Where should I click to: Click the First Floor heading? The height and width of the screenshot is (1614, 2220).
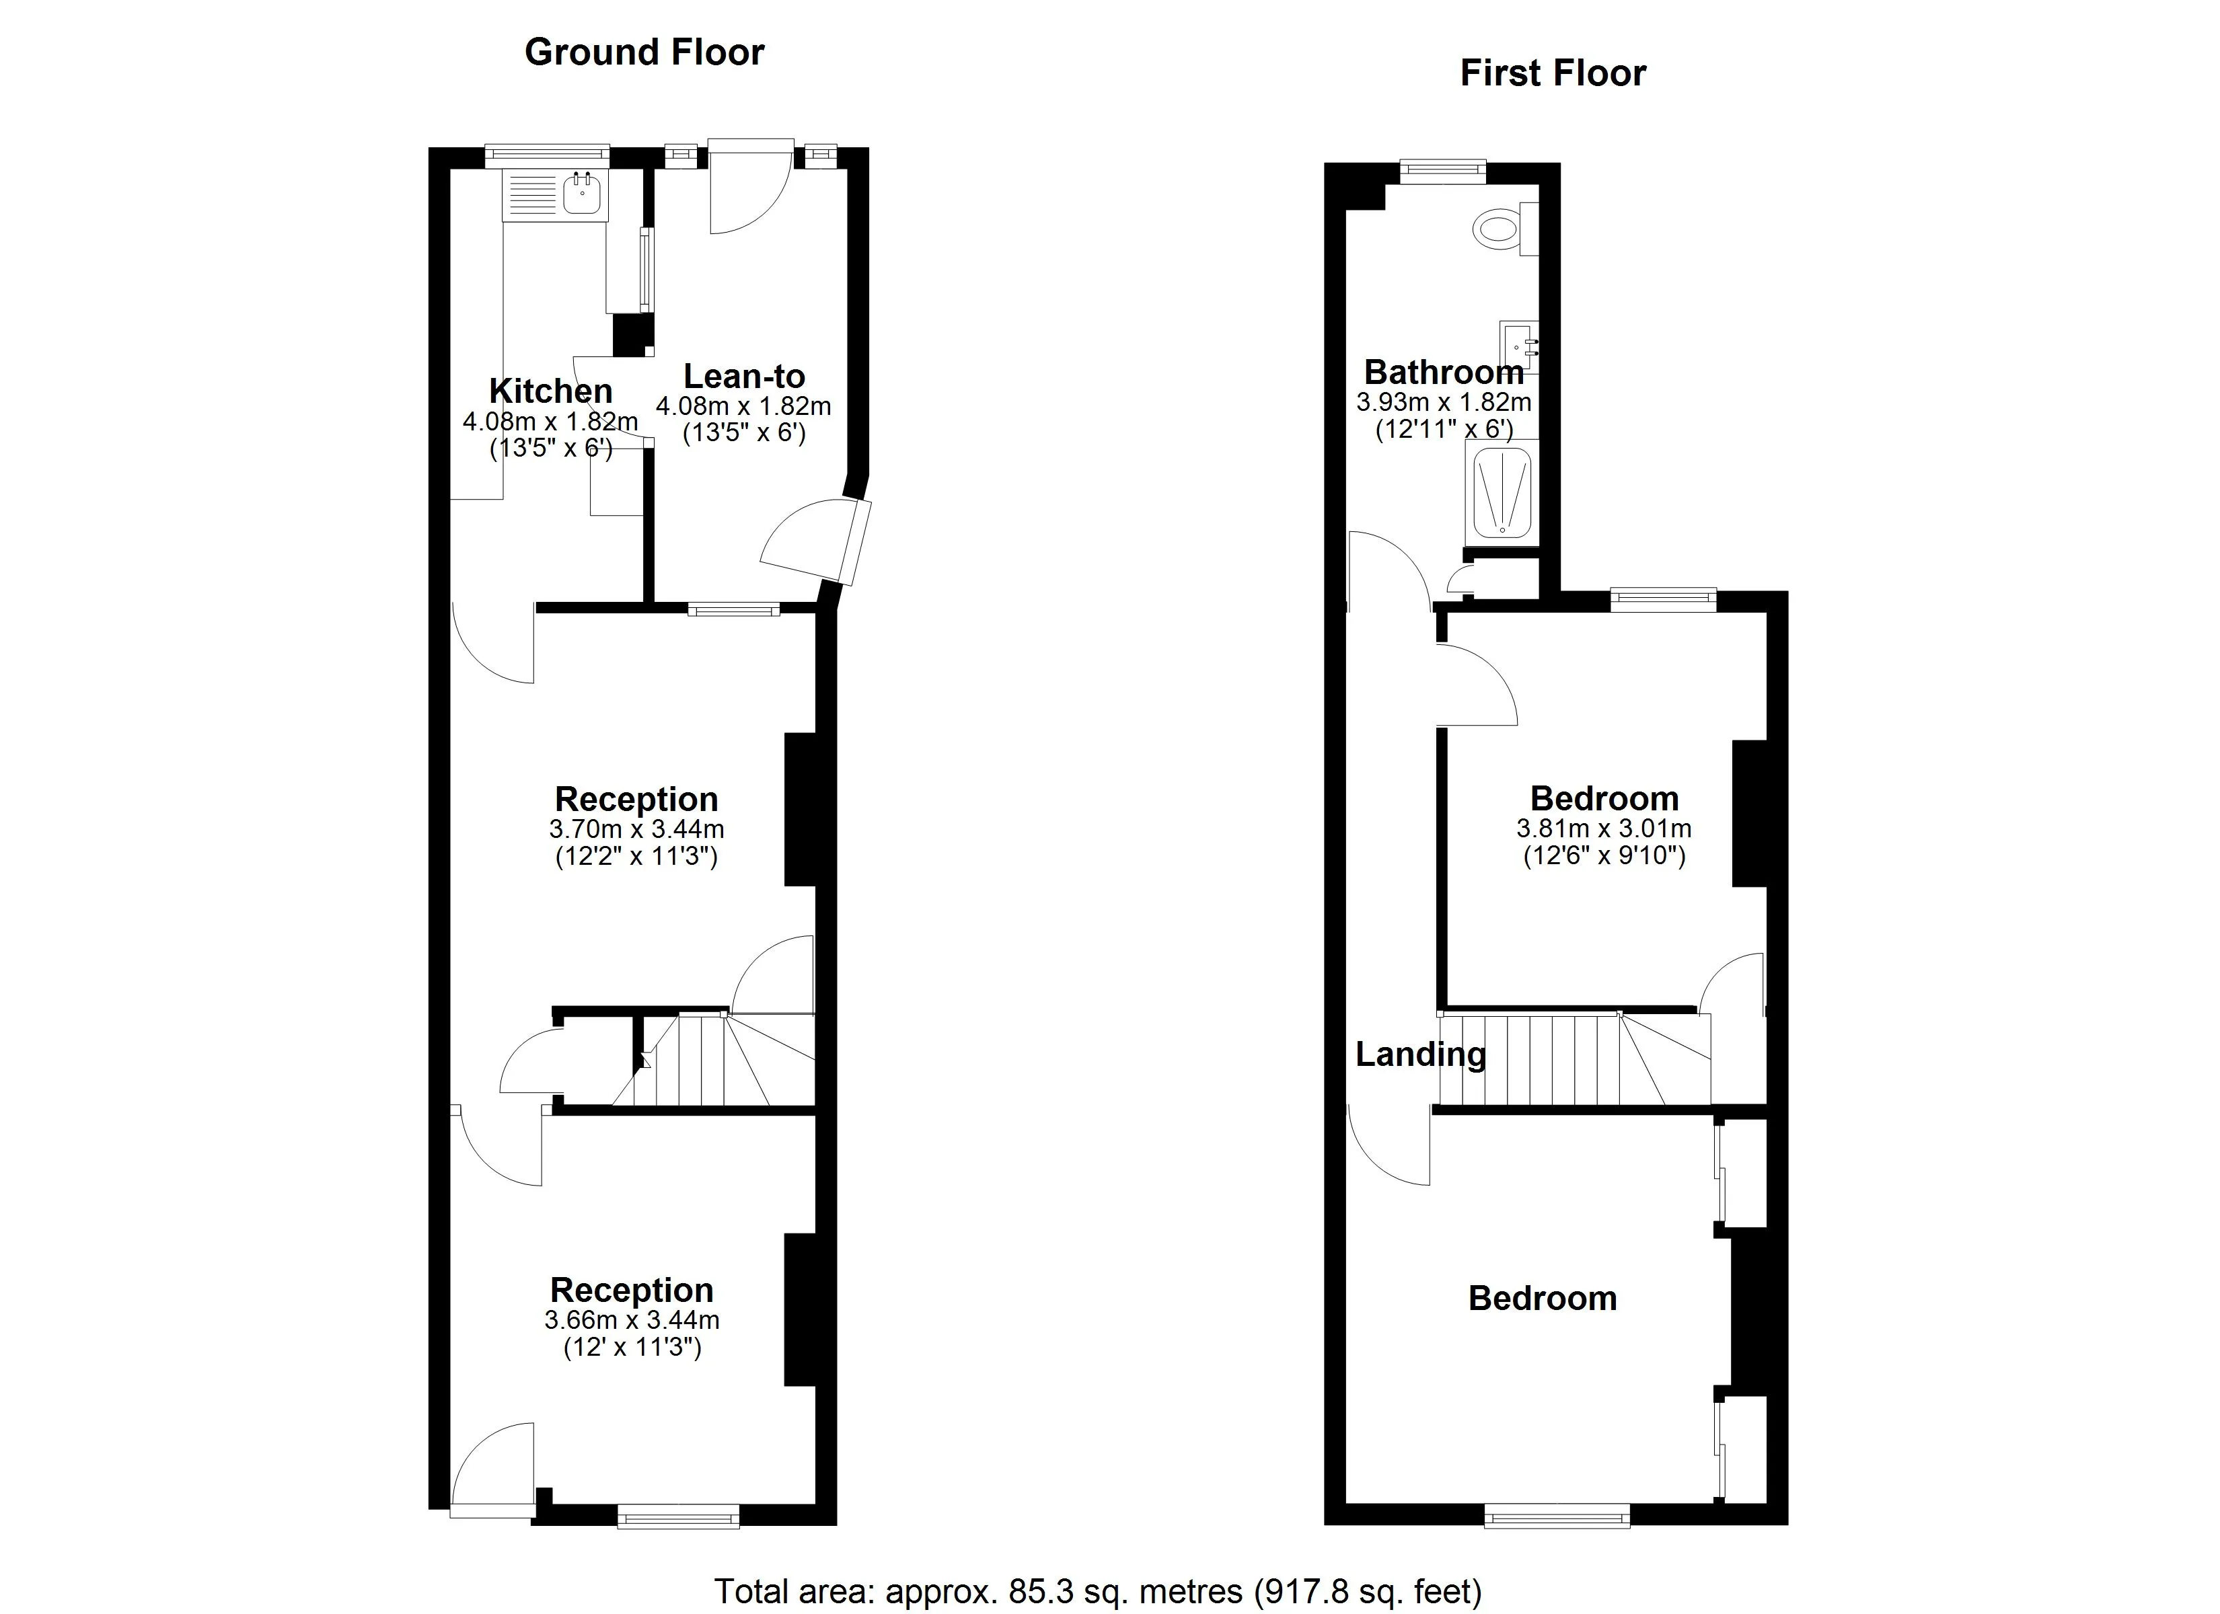pos(1553,73)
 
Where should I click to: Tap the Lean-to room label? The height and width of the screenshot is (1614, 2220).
pos(744,376)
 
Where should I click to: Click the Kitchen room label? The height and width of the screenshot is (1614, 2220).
pos(551,391)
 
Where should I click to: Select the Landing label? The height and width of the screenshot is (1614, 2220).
pos(1420,1054)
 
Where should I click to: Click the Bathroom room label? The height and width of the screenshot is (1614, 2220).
pos(1444,372)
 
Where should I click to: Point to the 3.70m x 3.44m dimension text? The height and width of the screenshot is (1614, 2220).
pos(636,830)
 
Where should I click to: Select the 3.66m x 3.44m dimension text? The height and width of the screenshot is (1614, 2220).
pos(632,1320)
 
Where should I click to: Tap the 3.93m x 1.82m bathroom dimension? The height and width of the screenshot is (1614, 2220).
pos(1444,402)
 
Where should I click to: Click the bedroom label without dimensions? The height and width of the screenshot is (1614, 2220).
pos(1543,1298)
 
